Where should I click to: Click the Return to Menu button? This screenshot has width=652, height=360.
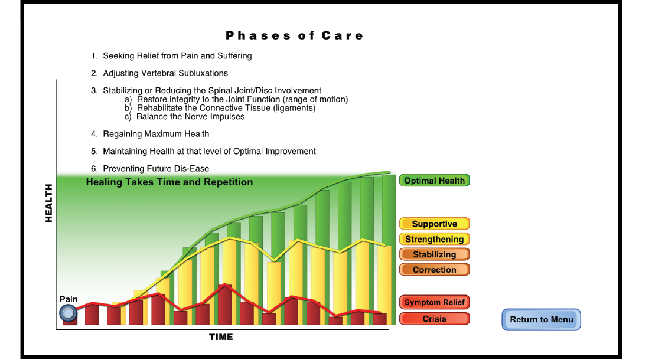(541, 319)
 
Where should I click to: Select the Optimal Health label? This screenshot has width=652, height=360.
(435, 181)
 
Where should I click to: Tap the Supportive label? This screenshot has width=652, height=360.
(435, 224)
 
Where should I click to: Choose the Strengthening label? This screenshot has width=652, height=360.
(435, 239)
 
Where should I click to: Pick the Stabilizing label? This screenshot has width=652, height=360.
(435, 254)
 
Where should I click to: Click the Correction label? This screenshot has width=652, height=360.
(435, 269)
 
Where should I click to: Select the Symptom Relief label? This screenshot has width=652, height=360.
(435, 302)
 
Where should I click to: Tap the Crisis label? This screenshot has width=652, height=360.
(435, 319)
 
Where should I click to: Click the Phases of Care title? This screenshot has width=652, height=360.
(294, 36)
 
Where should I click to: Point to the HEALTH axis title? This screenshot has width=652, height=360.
(48, 203)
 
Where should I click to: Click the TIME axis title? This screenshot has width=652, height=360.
(221, 337)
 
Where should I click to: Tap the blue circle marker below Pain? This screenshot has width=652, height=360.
(68, 313)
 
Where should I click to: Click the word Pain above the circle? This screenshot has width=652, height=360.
(69, 299)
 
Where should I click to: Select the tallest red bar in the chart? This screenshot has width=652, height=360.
(225, 305)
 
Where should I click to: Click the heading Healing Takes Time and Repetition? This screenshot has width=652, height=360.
(169, 182)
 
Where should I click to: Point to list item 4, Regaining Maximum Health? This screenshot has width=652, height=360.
(150, 134)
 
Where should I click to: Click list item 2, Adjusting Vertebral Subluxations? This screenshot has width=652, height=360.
(159, 73)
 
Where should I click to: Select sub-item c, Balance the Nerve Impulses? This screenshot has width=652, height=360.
(185, 117)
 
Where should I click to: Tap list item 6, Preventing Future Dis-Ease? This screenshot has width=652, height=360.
(150, 168)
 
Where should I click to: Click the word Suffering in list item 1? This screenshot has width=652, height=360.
(234, 55)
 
